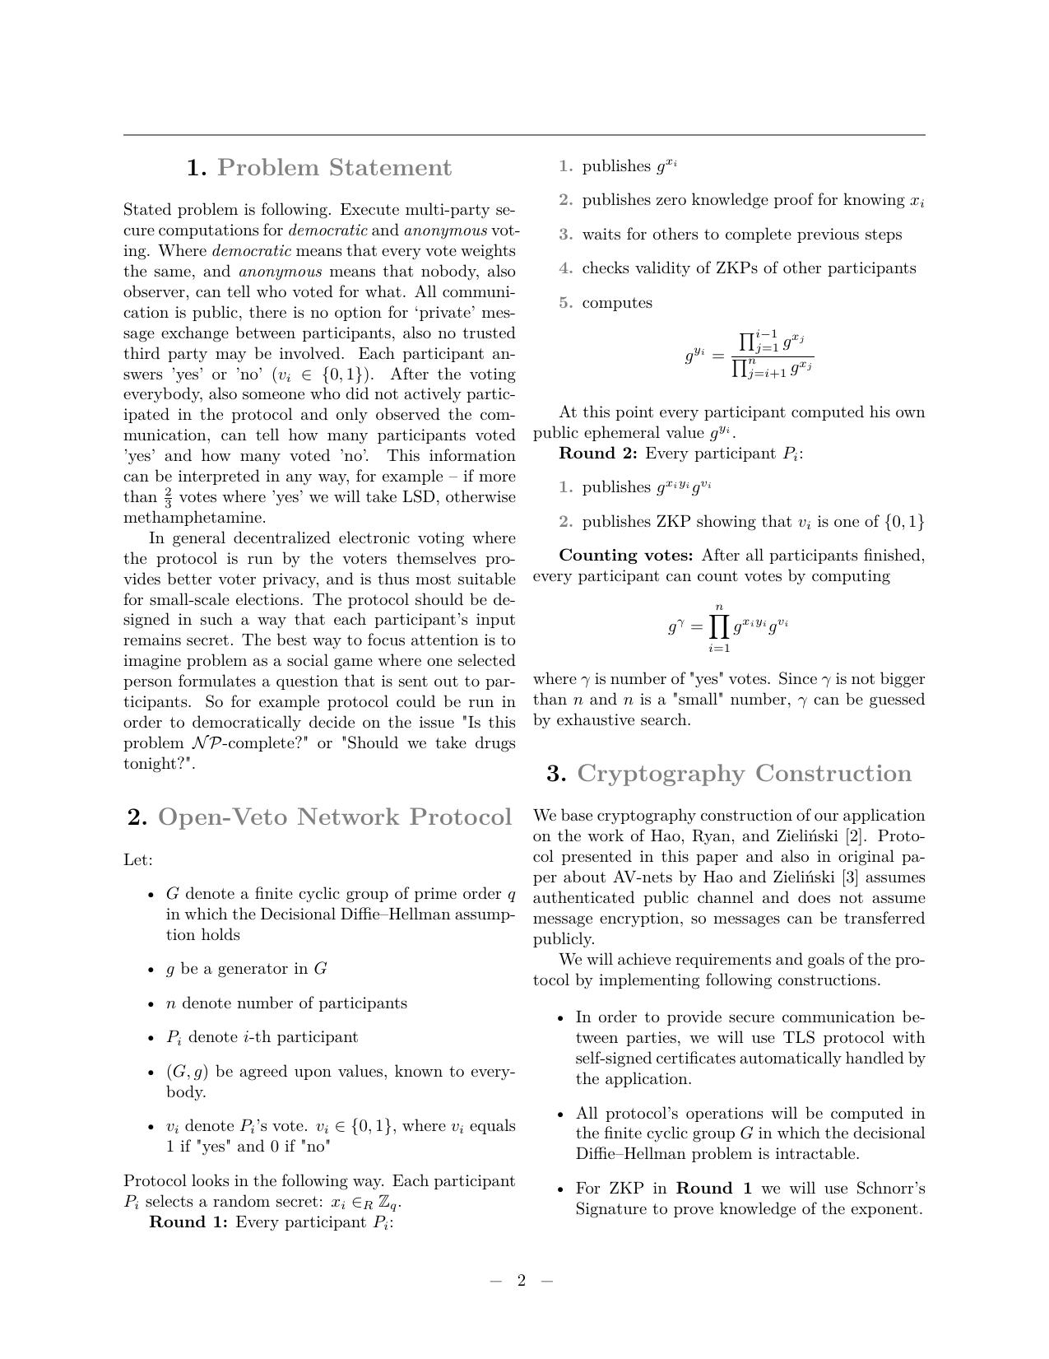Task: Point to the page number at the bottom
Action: pyautogui.click(x=521, y=1280)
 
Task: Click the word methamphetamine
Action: pyautogui.click(x=194, y=518)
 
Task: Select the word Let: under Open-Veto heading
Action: pyautogui.click(x=138, y=860)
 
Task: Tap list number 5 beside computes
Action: pyautogui.click(x=565, y=303)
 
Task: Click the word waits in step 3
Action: pyautogui.click(x=601, y=235)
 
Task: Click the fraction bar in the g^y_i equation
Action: pyautogui.click(x=772, y=356)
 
